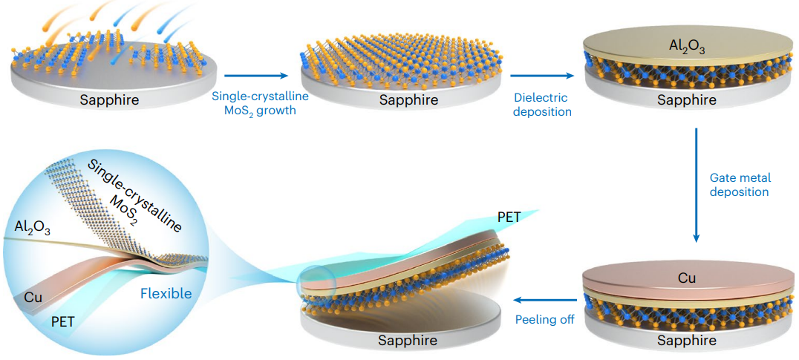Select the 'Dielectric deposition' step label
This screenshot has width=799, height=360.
coord(541,104)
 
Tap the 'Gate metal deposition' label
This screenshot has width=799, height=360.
coord(740,186)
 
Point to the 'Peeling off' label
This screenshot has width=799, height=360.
coord(545,320)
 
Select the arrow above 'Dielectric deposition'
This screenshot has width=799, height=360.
coord(542,76)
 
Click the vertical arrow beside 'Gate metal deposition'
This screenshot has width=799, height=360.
coord(697,186)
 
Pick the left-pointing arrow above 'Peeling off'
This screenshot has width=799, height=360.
coord(545,300)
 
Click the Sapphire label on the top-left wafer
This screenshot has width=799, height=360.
coord(109,99)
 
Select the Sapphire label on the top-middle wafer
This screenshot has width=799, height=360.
coord(408,99)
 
